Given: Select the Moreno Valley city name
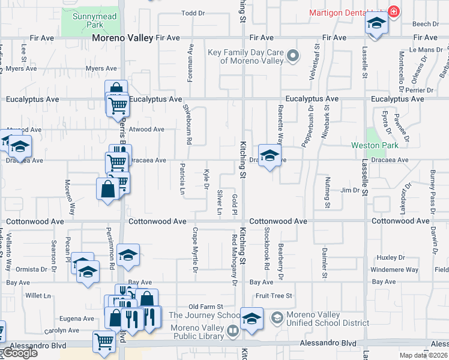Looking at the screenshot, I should pos(122,38).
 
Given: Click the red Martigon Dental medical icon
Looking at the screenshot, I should pos(394,11).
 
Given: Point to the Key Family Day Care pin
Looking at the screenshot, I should pos(292,56).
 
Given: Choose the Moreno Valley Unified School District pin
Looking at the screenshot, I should pos(277,317).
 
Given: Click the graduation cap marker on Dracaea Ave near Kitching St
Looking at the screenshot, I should pos(270,155).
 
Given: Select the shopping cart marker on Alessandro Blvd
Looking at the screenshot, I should pos(104,341).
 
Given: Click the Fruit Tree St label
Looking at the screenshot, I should pos(273,296).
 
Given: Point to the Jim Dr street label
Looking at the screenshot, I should pos(350,190).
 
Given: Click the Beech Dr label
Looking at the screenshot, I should pos(426,24).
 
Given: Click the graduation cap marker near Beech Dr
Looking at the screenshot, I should pos(376,24).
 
